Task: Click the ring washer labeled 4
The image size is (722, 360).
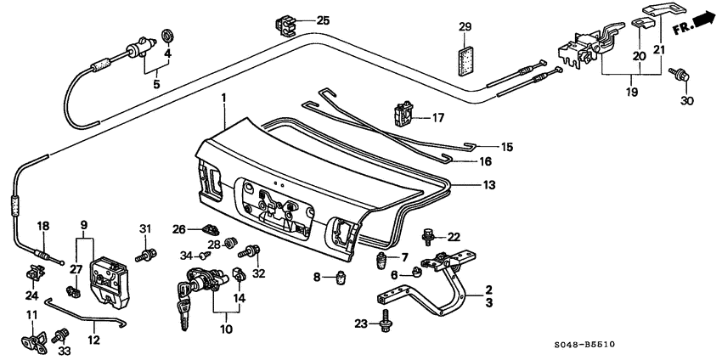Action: (167, 36)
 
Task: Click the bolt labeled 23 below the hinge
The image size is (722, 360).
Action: (387, 322)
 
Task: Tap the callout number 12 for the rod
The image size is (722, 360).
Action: (92, 339)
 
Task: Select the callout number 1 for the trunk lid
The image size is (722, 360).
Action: (223, 99)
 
